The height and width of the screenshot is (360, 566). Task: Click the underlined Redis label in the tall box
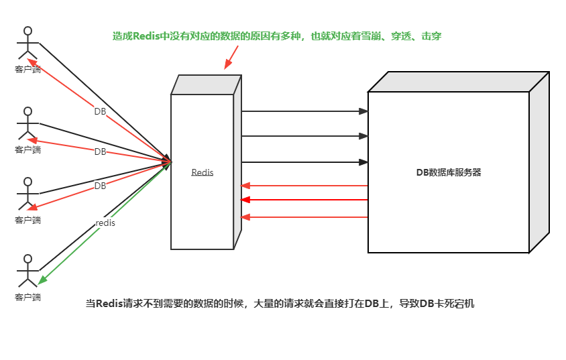click(x=203, y=172)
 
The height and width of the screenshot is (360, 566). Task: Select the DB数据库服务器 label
click(x=449, y=172)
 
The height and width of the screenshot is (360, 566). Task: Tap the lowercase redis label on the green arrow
click(x=106, y=223)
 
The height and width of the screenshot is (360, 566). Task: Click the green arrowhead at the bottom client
click(x=41, y=280)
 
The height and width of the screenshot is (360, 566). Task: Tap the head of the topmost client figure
click(x=27, y=31)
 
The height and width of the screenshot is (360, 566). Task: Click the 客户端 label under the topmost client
click(x=27, y=68)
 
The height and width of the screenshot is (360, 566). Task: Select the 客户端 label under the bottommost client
click(x=27, y=296)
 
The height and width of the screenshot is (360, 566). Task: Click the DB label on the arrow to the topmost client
click(x=100, y=111)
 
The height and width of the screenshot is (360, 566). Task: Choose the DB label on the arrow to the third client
click(x=100, y=186)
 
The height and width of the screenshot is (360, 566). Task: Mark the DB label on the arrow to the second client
click(x=100, y=152)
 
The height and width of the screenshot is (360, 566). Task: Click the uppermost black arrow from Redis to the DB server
click(x=305, y=111)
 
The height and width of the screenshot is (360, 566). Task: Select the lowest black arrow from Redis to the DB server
click(x=305, y=162)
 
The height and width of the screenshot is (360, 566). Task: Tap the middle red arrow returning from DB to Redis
click(x=305, y=199)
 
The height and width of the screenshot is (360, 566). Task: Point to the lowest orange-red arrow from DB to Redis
click(x=305, y=217)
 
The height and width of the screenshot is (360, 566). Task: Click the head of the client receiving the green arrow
click(x=27, y=258)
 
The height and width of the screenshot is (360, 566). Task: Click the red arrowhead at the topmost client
click(x=30, y=62)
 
